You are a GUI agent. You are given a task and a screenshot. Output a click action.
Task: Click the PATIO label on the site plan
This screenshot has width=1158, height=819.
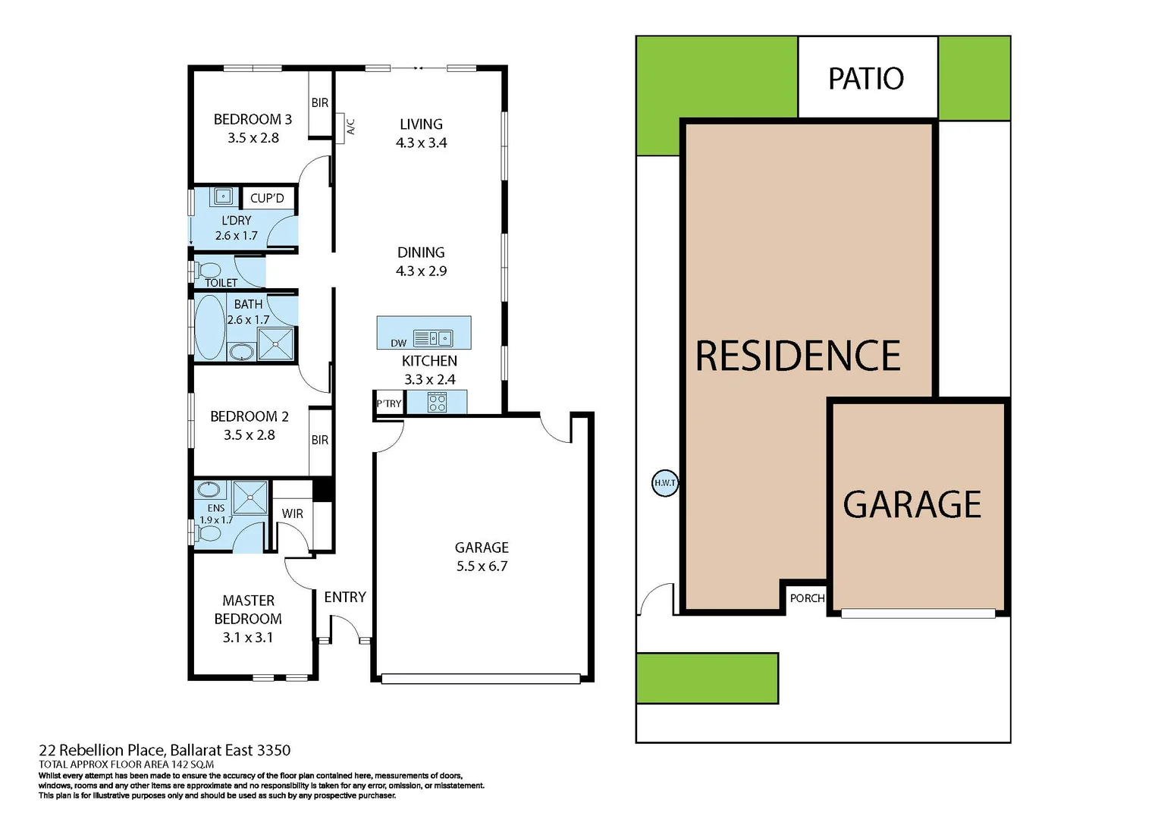pyautogui.click(x=866, y=79)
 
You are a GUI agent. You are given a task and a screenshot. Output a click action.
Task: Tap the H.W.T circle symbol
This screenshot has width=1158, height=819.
pyautogui.click(x=665, y=483)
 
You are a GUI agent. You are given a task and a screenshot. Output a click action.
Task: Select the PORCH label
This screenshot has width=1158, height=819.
pyautogui.click(x=807, y=598)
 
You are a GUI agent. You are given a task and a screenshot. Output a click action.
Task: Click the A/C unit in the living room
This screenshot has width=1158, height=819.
pyautogui.click(x=350, y=126)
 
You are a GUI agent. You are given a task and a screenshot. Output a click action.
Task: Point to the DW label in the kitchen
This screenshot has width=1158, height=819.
pyautogui.click(x=399, y=343)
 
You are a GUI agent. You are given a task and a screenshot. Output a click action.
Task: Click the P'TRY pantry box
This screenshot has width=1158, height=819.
pyautogui.click(x=389, y=403)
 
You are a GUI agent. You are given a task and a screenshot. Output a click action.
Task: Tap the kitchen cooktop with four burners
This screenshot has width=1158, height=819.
pyautogui.click(x=438, y=403)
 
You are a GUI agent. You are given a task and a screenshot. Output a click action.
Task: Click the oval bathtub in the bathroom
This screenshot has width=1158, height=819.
pyautogui.click(x=210, y=328)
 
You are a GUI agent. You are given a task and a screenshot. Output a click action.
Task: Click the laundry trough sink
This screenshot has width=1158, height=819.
pyautogui.click(x=224, y=196)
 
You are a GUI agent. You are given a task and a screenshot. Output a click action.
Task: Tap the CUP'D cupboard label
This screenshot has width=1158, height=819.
pyautogui.click(x=267, y=199)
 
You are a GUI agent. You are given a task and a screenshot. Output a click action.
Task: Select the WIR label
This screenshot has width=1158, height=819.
pyautogui.click(x=293, y=513)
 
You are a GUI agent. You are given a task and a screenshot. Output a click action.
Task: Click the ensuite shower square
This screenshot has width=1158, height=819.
pyautogui.click(x=250, y=497)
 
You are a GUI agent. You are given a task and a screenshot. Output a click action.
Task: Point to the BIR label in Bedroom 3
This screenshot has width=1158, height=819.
pyautogui.click(x=320, y=103)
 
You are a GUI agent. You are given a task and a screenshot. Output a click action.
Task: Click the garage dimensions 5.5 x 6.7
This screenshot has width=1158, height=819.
pyautogui.click(x=482, y=566)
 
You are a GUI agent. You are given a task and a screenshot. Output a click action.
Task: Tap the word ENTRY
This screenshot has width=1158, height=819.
pyautogui.click(x=345, y=598)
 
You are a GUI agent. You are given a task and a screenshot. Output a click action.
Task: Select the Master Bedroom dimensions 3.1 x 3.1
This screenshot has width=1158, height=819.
pyautogui.click(x=248, y=638)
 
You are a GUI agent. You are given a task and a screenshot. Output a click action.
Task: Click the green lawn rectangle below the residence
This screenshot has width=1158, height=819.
pyautogui.click(x=707, y=678)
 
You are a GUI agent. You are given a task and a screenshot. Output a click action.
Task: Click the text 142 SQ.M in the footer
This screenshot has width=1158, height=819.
pyautogui.click(x=193, y=764)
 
